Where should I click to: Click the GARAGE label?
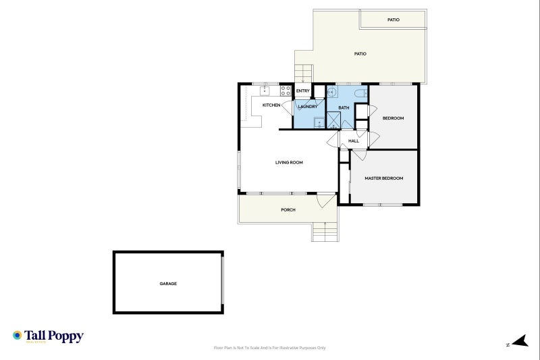168,284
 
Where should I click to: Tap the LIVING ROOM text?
289,162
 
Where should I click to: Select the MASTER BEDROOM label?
383,178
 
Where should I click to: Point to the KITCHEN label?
271,105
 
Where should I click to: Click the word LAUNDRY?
308,107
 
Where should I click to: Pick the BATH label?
344,108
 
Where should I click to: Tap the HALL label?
354,141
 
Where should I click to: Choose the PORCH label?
288,210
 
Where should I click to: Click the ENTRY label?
302,91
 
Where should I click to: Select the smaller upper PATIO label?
394,20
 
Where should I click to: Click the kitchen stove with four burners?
286,89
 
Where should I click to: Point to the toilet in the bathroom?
360,93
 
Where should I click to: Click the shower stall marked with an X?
333,120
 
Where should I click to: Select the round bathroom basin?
332,92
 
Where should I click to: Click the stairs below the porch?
325,233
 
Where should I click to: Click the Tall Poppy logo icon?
18,336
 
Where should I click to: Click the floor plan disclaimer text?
269,348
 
